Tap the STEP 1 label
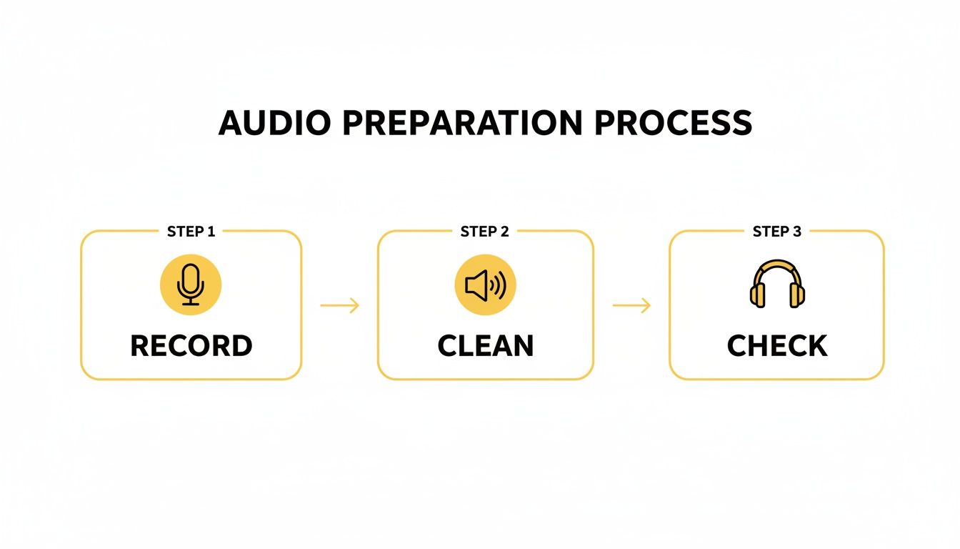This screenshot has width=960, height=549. click(191, 232)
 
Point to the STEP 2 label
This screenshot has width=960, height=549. click(485, 232)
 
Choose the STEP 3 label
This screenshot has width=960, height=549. click(777, 232)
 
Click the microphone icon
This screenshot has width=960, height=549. click(191, 285)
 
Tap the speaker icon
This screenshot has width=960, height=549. click(485, 285)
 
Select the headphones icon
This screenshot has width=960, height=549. click(777, 285)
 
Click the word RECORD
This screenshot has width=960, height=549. click(191, 346)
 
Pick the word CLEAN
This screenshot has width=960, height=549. click(485, 346)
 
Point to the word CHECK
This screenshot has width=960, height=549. click(777, 346)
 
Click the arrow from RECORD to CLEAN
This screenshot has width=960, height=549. click(339, 306)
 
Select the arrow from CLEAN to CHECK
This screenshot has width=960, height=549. click(631, 306)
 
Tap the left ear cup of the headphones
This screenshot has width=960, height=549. click(757, 295)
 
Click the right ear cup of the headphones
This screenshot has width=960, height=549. click(797, 295)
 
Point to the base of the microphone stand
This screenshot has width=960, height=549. click(191, 303)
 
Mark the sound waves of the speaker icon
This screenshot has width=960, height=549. click(499, 286)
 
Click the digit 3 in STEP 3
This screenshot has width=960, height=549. click(797, 232)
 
